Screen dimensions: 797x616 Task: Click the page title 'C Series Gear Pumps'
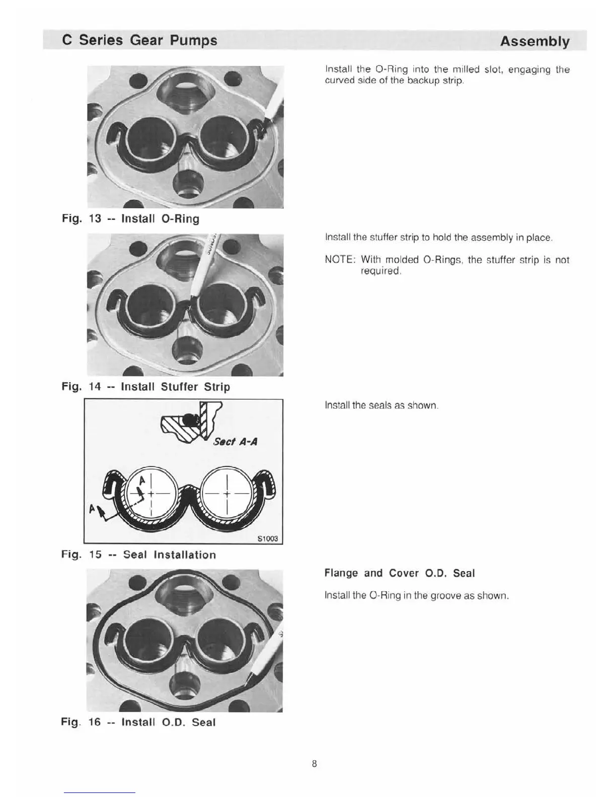coord(139,40)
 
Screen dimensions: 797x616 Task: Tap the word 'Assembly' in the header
coord(534,41)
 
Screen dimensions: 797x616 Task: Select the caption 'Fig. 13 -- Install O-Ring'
coord(130,219)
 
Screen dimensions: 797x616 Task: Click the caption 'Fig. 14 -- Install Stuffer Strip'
coord(145,387)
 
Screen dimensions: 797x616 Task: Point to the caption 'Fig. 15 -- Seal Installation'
coord(138,555)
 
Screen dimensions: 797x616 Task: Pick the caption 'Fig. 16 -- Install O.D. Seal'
coord(138,723)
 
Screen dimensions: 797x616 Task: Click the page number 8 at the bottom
coord(315,764)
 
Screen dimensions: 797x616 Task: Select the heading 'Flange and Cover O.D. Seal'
coord(400,573)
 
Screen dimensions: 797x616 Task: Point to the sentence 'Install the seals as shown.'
coord(382,405)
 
